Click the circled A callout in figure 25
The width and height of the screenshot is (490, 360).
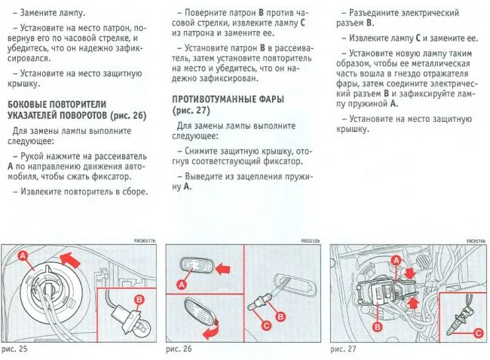(23, 257)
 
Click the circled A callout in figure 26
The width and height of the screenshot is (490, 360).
(182, 284)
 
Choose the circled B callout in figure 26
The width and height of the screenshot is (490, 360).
(280, 316)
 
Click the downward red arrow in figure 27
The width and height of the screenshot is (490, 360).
(409, 266)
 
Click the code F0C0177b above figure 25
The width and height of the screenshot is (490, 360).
(144, 241)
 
